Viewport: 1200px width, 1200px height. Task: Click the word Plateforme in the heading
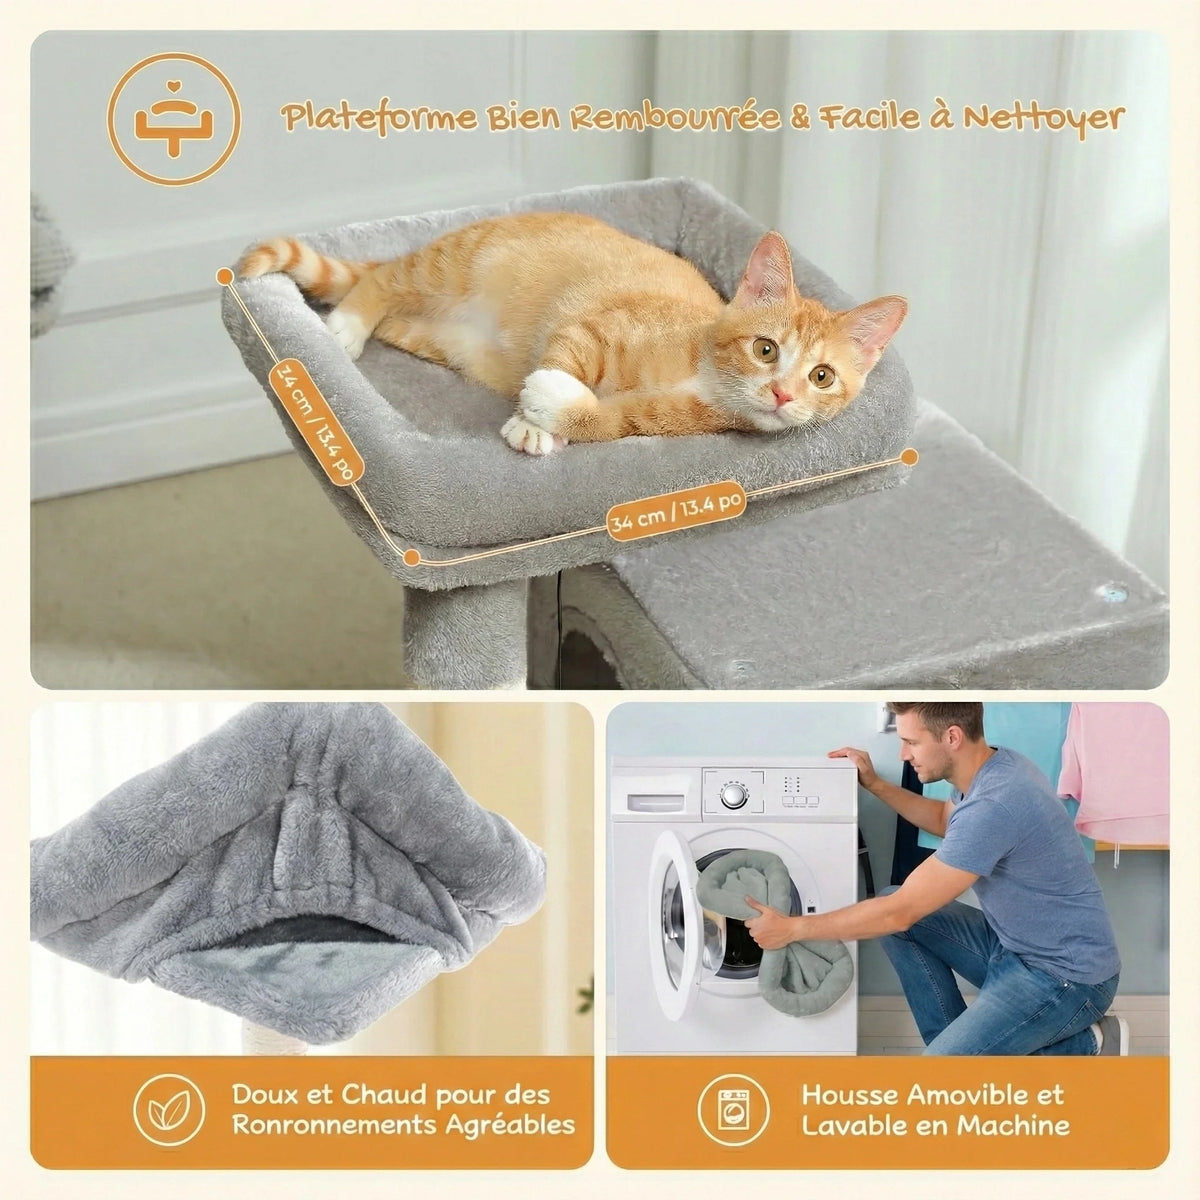point(378,118)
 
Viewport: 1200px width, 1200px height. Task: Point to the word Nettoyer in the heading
point(1044,118)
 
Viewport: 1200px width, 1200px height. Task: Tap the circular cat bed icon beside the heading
point(174,119)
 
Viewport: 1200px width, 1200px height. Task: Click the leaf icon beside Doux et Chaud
point(169,1110)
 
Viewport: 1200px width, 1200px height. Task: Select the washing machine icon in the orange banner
point(733,1110)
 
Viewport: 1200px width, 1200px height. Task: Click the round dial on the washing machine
point(732,795)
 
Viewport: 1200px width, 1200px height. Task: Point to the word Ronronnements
point(333,1125)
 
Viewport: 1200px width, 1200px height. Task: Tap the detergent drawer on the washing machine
point(655,803)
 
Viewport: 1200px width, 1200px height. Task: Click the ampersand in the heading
point(799,118)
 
